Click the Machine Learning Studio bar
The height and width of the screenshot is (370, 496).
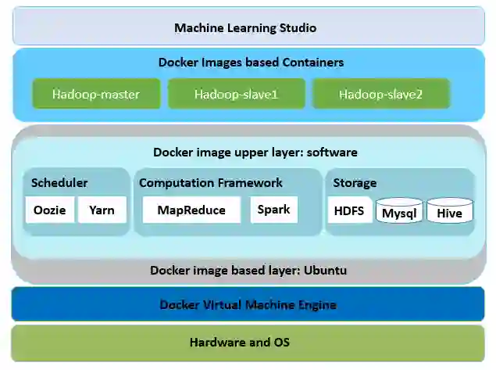(x=245, y=27)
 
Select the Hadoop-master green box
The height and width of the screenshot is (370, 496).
(x=95, y=95)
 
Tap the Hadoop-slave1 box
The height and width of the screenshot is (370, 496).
(x=236, y=95)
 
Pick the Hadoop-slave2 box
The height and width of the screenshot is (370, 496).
(x=380, y=95)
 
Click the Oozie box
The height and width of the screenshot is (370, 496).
(x=50, y=210)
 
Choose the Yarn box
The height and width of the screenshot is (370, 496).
(x=102, y=210)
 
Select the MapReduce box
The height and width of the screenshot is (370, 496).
(x=191, y=210)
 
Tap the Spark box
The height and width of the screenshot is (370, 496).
(x=273, y=210)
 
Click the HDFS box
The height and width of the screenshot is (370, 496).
(x=349, y=210)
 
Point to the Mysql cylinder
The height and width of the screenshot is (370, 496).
(x=399, y=212)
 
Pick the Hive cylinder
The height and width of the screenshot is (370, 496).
(x=449, y=212)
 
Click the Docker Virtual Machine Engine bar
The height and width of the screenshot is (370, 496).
(x=248, y=304)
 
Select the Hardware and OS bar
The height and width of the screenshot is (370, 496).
(x=248, y=342)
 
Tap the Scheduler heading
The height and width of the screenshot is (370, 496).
(x=59, y=183)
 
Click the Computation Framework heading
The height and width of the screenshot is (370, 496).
(x=211, y=183)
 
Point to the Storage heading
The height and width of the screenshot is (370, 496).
(x=355, y=183)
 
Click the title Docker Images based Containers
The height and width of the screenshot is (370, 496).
(x=251, y=63)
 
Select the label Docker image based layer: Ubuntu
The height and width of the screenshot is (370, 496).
(x=248, y=271)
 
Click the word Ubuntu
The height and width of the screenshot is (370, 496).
(x=323, y=271)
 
